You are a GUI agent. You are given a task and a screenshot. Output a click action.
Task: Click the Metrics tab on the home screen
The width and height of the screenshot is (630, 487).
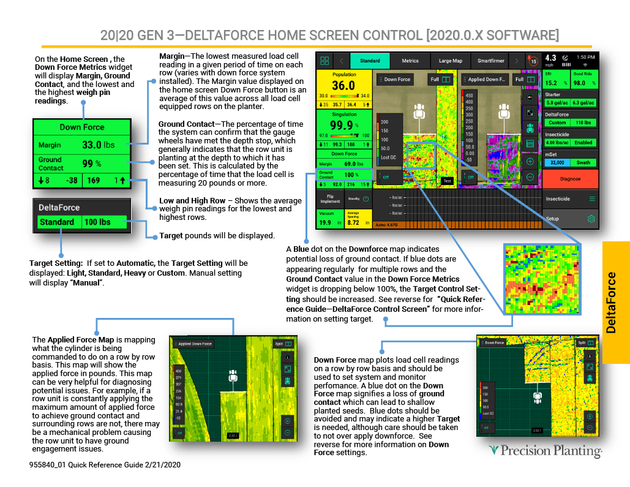(x=410, y=61)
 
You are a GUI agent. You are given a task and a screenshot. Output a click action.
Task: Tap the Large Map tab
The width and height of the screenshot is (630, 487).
(x=450, y=61)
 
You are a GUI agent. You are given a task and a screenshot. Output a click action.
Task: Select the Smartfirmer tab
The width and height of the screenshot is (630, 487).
(x=490, y=61)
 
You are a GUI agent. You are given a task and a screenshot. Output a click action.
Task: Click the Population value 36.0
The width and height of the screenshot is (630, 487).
(x=343, y=86)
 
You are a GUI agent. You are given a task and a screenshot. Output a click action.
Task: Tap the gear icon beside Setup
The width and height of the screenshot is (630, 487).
(x=591, y=219)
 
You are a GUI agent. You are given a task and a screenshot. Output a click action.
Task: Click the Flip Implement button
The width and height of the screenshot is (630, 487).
(x=330, y=198)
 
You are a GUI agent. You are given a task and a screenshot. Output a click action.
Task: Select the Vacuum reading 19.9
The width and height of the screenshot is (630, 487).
(x=325, y=222)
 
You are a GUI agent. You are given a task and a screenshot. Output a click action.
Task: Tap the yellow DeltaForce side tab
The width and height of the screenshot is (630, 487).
(x=615, y=303)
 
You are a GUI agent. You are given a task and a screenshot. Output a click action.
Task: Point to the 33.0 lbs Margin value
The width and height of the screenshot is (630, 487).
(x=97, y=145)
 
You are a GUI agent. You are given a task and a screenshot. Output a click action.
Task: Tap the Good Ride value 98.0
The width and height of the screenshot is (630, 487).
(x=579, y=83)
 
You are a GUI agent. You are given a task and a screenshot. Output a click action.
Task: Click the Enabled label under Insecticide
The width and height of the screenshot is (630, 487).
(x=583, y=143)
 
